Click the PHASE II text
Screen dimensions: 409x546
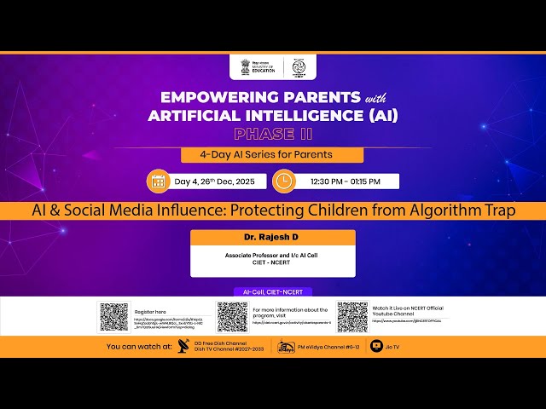273,134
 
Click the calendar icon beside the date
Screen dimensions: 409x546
158,181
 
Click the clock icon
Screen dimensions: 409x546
283,181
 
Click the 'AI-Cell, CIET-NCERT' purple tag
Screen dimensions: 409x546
272,291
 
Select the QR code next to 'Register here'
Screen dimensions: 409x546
113,317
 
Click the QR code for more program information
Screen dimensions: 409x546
232,317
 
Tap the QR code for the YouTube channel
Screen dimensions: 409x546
351,317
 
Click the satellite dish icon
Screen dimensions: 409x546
183,347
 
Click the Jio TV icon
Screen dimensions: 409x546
377,347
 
